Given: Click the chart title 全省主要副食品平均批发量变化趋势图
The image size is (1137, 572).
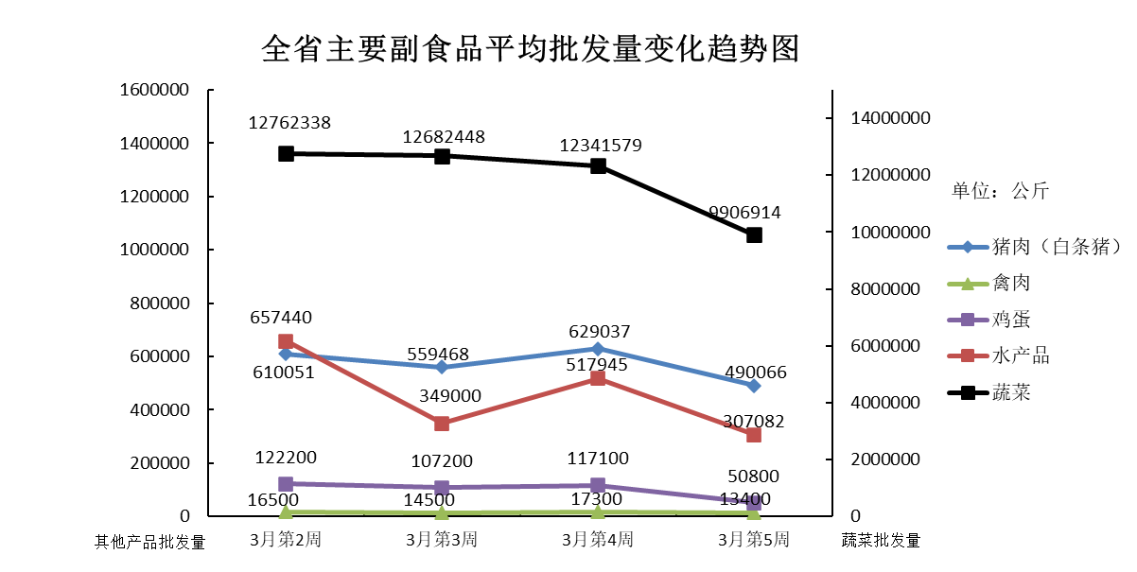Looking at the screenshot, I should (530, 48).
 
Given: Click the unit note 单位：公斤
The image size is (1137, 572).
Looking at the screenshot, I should (1000, 191).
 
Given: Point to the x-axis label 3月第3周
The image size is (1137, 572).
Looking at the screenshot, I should (442, 541).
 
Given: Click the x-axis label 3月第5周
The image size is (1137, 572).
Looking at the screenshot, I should (753, 541).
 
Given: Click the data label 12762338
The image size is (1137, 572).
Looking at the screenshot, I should (289, 123).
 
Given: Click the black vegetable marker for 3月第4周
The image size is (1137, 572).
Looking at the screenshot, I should (598, 165).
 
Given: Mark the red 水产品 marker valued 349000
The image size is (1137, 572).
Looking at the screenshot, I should (442, 424).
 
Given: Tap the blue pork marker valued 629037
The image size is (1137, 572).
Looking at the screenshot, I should (598, 349).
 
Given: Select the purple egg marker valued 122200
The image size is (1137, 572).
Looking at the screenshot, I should (286, 484).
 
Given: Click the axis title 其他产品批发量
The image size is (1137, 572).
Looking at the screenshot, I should (149, 542).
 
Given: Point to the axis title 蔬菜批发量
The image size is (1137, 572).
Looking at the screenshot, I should (881, 542).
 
